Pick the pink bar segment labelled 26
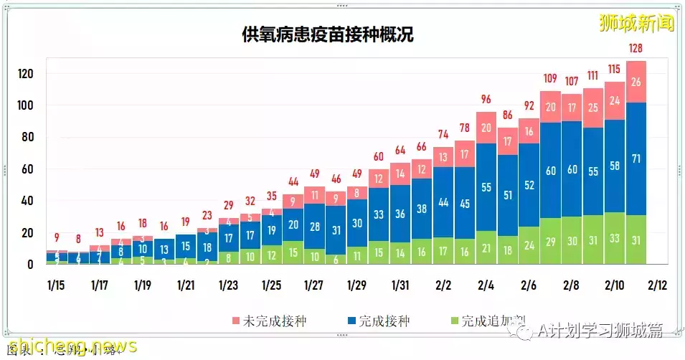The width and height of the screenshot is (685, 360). pyautogui.click(x=636, y=81)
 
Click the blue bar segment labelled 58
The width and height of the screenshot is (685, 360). pyautogui.click(x=615, y=166)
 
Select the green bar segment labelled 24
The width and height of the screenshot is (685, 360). pyautogui.click(x=529, y=245)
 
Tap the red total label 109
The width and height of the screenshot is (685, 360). pyautogui.click(x=550, y=78)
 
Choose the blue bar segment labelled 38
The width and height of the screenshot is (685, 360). pyautogui.click(x=421, y=209)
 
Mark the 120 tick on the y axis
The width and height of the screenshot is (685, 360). pyautogui.click(x=27, y=74)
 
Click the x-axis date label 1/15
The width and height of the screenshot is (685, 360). pyautogui.click(x=57, y=285)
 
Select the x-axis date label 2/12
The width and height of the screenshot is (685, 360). pyautogui.click(x=657, y=285)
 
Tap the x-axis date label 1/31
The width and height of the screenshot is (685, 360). pyautogui.click(x=400, y=285)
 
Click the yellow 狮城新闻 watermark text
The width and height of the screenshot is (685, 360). pyautogui.click(x=637, y=23)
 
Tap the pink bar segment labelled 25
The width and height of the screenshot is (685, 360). pyautogui.click(x=593, y=108)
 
